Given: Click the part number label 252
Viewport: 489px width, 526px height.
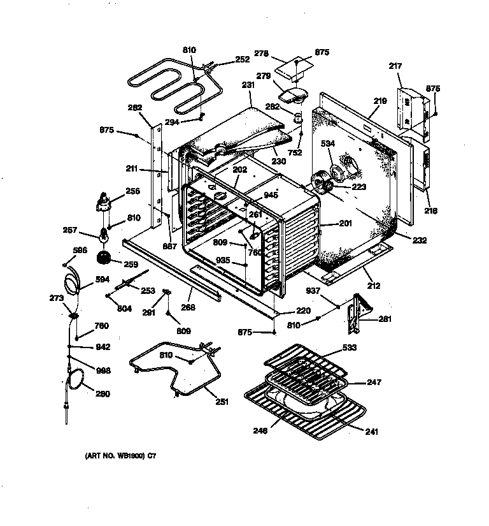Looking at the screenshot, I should pos(224,59).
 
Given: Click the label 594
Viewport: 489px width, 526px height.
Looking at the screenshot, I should pos(103,279).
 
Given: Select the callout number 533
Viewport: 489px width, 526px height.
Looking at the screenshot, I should pos(349,347).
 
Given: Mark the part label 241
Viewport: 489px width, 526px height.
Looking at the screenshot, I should pos(371,432).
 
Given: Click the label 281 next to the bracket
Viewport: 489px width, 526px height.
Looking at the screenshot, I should pos(385,319).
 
